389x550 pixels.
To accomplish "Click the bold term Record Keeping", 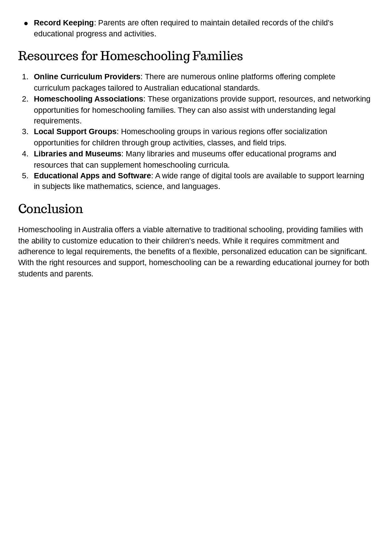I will click(x=64, y=23).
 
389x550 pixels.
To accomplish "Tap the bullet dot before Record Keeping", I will click(x=26, y=24).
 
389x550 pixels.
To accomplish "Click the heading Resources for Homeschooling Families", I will click(x=130, y=56).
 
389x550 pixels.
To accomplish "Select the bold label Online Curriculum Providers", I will click(x=87, y=77).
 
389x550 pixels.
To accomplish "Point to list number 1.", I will click(x=25, y=77).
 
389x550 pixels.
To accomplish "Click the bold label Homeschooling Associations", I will click(x=88, y=99).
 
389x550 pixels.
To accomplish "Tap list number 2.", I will click(x=25, y=99).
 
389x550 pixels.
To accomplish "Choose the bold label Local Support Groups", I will click(x=75, y=132).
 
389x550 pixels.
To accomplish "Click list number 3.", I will click(x=25, y=132).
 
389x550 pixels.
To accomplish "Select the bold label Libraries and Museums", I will click(x=77, y=154).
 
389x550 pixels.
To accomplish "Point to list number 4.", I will click(x=25, y=154).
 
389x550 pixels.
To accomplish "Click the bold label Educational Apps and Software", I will click(x=92, y=176).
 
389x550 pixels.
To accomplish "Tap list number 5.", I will click(x=25, y=176).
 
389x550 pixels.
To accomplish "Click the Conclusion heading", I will click(x=50, y=209).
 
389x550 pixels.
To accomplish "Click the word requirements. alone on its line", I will click(x=57, y=121).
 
